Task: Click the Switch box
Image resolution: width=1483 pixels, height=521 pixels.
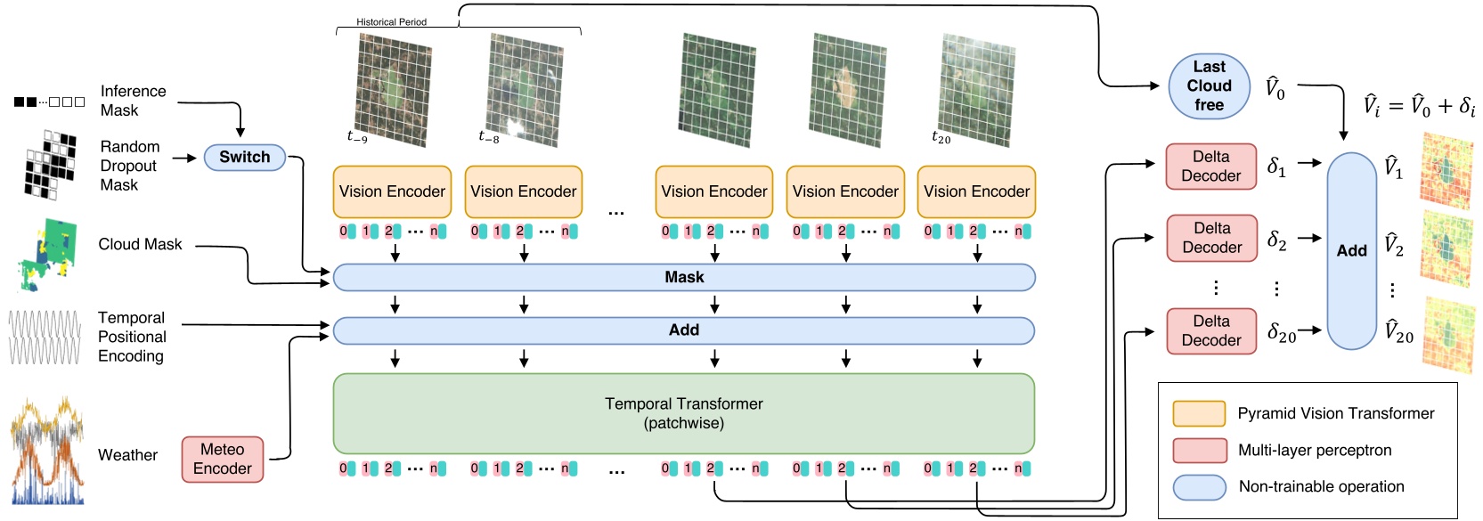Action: (x=244, y=158)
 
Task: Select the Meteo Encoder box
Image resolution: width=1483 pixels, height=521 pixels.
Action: (x=223, y=460)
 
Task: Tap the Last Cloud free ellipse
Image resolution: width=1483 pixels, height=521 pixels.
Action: (x=1209, y=86)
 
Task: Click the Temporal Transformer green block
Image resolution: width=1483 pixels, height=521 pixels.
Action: (x=683, y=413)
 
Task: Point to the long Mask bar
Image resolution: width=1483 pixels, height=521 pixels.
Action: (x=683, y=278)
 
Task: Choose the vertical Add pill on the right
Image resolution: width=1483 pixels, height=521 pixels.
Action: (x=1351, y=251)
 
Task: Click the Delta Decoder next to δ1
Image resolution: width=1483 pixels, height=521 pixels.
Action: (x=1210, y=167)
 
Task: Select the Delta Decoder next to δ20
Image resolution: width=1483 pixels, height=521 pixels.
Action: (x=1210, y=331)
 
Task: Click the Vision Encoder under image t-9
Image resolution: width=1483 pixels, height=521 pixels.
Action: (x=392, y=191)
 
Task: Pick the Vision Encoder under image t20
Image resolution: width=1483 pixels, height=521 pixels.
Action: (x=976, y=191)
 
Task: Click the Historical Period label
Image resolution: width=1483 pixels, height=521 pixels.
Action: (x=391, y=22)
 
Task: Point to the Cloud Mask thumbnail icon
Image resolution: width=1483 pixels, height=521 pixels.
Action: (x=46, y=255)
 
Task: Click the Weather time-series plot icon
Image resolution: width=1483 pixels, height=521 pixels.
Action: (x=46, y=452)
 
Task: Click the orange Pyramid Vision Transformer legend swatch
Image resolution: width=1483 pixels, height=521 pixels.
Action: (x=1199, y=414)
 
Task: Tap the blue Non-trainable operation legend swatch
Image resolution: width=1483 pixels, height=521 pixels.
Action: (x=1199, y=487)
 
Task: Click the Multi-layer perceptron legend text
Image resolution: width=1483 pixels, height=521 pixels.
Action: (x=1314, y=451)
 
